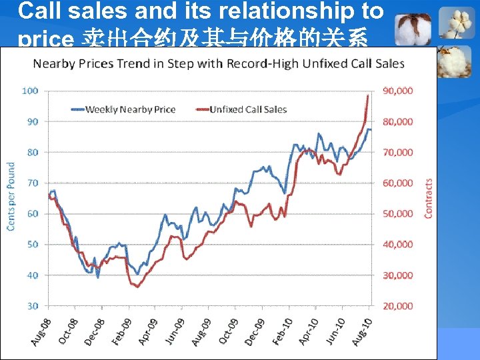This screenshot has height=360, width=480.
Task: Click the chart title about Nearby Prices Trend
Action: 219,63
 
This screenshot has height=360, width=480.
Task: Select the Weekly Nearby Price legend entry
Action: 130,109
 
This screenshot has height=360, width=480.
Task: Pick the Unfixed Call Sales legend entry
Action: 247,109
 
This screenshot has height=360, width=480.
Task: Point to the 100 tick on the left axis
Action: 31,91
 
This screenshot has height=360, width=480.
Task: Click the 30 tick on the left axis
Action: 33,306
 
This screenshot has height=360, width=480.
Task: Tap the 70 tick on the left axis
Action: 33,183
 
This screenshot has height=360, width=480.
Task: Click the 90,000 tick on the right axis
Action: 397,91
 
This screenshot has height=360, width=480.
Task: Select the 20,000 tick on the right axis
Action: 397,306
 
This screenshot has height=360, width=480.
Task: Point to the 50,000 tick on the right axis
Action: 397,214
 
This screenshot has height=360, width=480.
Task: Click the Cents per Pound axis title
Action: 11,197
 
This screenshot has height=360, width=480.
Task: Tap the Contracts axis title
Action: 428,197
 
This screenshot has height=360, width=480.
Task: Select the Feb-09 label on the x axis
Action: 121,331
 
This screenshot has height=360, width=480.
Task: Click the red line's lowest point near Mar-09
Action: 137,287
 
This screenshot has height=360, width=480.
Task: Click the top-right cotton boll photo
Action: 458,24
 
